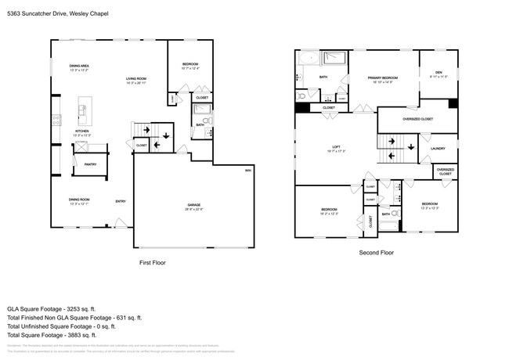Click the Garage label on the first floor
(x=193, y=207)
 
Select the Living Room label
(x=137, y=80)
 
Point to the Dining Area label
(x=79, y=67)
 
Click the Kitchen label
(x=82, y=132)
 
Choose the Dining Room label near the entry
(x=79, y=201)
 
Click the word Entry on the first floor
(x=121, y=202)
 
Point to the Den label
(x=438, y=75)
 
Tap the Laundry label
(x=438, y=148)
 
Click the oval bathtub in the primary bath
(x=308, y=57)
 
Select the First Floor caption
(x=152, y=263)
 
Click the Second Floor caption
(x=375, y=253)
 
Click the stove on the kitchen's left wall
(x=56, y=120)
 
